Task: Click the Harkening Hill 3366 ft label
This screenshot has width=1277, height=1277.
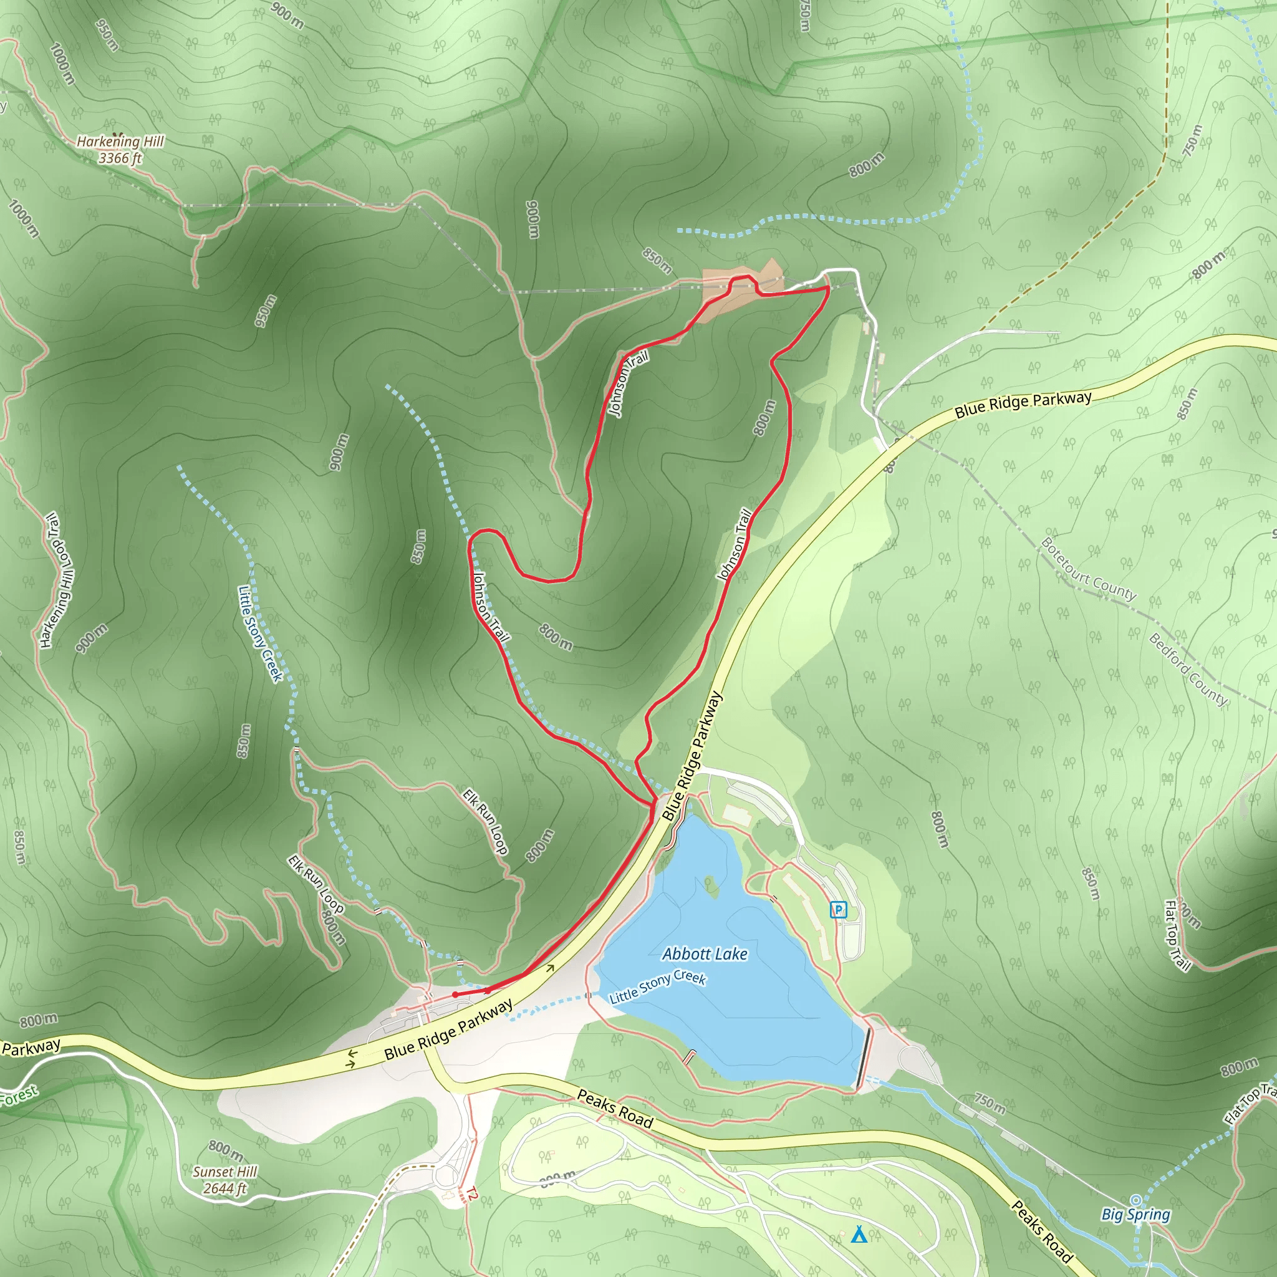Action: tap(120, 150)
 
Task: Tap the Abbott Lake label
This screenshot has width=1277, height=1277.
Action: tap(705, 954)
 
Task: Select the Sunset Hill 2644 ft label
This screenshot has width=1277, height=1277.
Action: tap(224, 1180)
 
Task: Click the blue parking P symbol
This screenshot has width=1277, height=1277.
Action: tap(838, 910)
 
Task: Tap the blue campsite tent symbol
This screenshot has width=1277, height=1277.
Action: tap(859, 1234)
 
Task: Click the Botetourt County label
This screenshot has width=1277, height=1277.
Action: tap(1088, 569)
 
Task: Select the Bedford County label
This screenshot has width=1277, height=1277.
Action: tap(1188, 669)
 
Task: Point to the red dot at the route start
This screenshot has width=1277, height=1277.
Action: tap(455, 994)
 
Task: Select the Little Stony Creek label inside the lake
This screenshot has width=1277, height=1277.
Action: tap(658, 987)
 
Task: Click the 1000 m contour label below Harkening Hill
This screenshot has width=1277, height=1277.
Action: tap(24, 218)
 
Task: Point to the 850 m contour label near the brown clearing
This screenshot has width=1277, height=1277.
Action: tap(657, 261)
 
